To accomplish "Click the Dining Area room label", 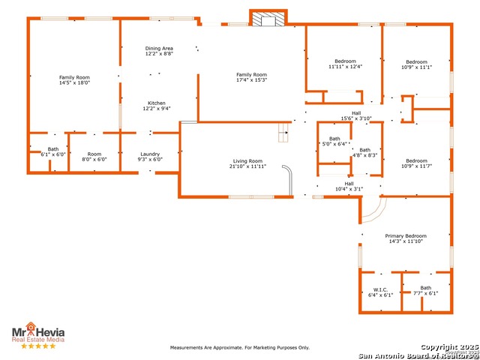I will coord(158,49).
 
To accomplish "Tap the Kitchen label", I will coord(157,103).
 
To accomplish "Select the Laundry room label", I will coord(150,154).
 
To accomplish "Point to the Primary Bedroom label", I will coord(406,236).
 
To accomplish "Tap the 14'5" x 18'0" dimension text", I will coord(74,83).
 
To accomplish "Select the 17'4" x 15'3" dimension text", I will coord(251,80).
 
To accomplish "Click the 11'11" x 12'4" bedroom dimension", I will coord(345,67).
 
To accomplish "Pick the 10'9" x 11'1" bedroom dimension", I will coord(416,67).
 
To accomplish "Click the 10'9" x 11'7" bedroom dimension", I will coord(416,166).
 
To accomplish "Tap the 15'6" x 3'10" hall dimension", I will coord(356,118).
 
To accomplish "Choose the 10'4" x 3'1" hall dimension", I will coord(349,188).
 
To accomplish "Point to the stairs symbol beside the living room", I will coord(283,133).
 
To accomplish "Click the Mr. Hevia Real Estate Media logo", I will coord(37,333).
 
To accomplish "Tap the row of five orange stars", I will coord(37,346).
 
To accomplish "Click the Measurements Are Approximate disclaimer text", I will coord(239,347).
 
